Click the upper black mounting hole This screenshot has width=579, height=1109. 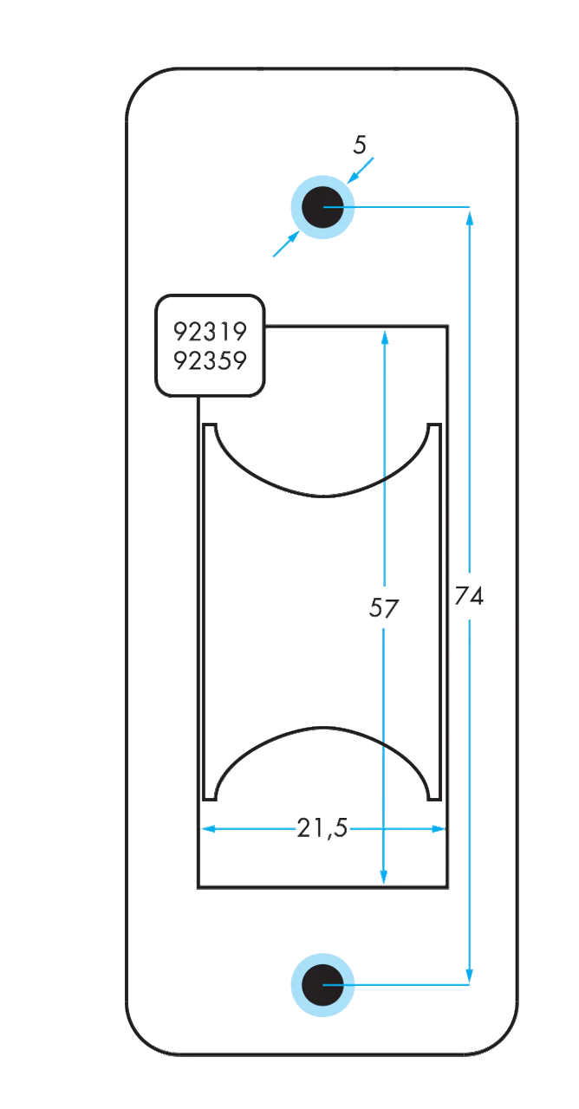[x=322, y=207]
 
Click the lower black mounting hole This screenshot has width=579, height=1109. [x=322, y=985]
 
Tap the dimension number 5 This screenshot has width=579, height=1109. [x=360, y=145]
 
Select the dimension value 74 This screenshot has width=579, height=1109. [x=469, y=595]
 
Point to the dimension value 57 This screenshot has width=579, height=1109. [x=383, y=608]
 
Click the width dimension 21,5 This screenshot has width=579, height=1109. [x=322, y=827]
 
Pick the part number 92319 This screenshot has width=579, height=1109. [x=210, y=332]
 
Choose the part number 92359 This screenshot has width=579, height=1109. [x=210, y=360]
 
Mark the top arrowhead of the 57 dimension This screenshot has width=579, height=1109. [x=385, y=338]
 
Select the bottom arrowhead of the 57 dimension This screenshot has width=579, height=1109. [x=383, y=877]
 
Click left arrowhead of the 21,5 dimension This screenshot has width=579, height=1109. [x=208, y=828]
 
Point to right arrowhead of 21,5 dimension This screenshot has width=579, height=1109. [x=439, y=828]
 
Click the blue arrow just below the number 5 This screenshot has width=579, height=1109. [x=360, y=171]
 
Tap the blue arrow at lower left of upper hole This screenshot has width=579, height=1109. [x=286, y=243]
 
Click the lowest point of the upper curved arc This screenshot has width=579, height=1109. [x=322, y=496]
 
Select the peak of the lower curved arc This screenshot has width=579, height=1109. [x=322, y=727]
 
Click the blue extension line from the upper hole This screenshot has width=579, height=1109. [x=396, y=206]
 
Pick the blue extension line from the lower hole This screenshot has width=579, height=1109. [x=396, y=985]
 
